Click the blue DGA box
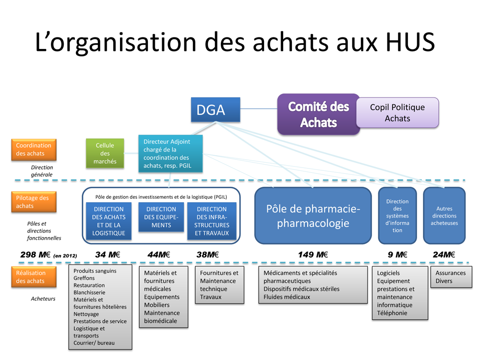tap(216, 109)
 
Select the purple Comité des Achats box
tap(318, 114)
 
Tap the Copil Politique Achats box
tap(397, 113)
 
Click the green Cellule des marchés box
tap(105, 153)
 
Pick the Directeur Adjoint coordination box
tap(170, 154)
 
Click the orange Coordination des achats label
tap(34, 149)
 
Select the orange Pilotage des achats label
tap(34, 202)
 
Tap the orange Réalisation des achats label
tap(34, 277)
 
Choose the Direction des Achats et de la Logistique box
tap(108, 221)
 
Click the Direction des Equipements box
tap(161, 217)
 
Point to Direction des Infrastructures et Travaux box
tap(212, 221)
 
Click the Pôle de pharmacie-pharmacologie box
tap(313, 216)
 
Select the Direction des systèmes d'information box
tap(397, 216)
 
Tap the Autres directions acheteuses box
tap(444, 216)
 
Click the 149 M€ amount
tap(313, 255)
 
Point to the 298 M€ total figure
tap(35, 255)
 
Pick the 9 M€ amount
tap(397, 255)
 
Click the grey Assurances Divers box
tap(451, 277)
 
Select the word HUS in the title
tap(410, 42)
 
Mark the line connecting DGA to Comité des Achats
tap(259, 108)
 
